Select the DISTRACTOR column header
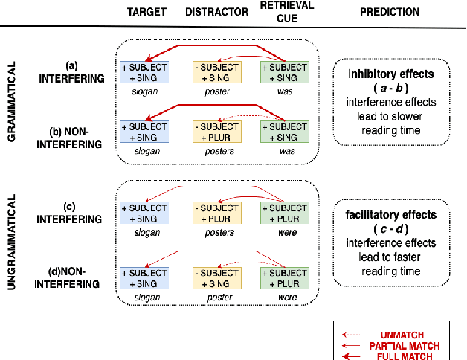pos(216,12)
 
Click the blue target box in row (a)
pos(146,71)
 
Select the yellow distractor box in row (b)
pos(216,131)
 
